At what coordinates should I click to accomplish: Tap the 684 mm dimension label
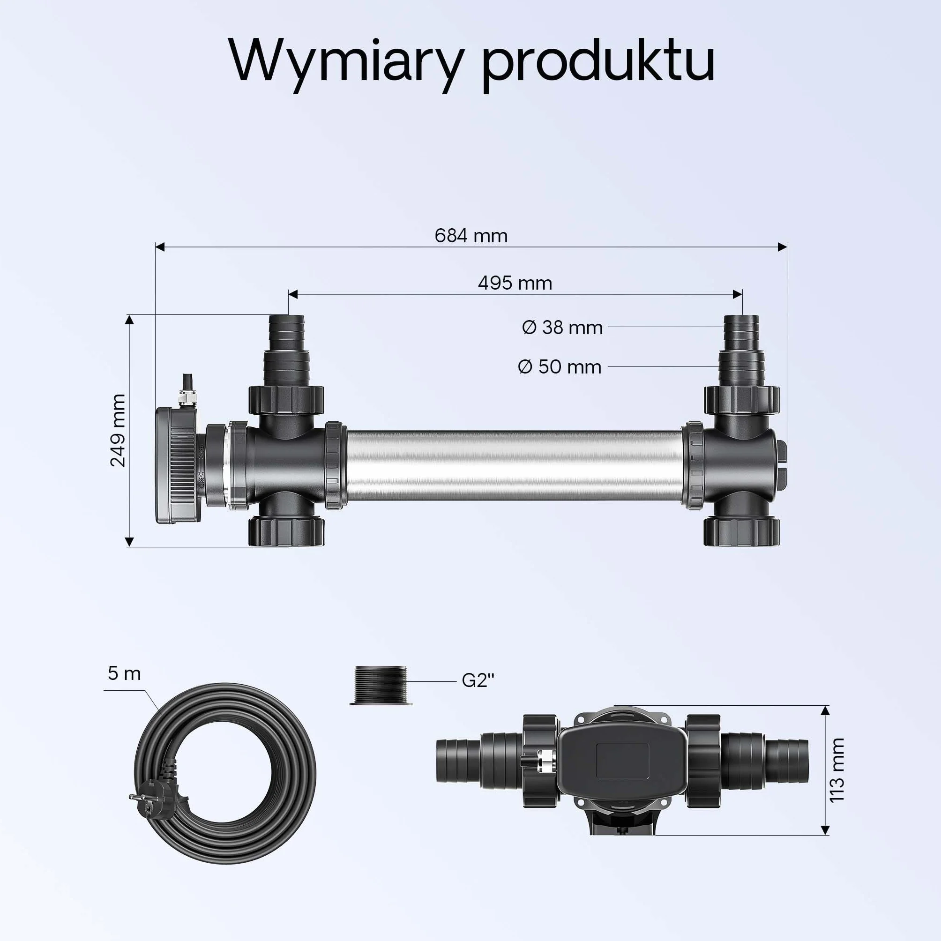[x=471, y=236]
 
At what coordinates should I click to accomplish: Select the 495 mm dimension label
[x=515, y=283]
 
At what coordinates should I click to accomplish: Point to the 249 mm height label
[x=118, y=430]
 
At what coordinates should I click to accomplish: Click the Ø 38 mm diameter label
[x=562, y=327]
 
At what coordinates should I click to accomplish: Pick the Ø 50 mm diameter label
[x=560, y=367]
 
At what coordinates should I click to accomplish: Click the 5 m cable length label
[x=124, y=673]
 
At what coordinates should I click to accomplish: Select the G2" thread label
[x=478, y=680]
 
